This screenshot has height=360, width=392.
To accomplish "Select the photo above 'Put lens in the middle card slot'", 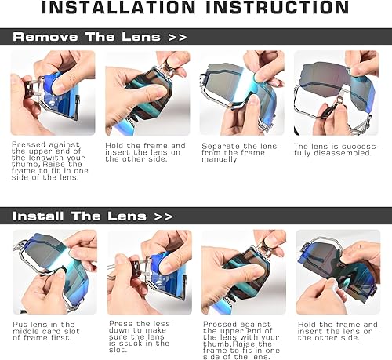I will (x=53, y=271).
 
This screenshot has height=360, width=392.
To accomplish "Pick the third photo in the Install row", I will (x=244, y=271).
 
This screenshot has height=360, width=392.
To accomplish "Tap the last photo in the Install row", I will (x=337, y=271).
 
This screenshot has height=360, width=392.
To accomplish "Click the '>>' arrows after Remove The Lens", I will (x=176, y=37).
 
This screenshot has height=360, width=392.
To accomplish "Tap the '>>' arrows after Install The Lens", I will (x=163, y=216).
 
